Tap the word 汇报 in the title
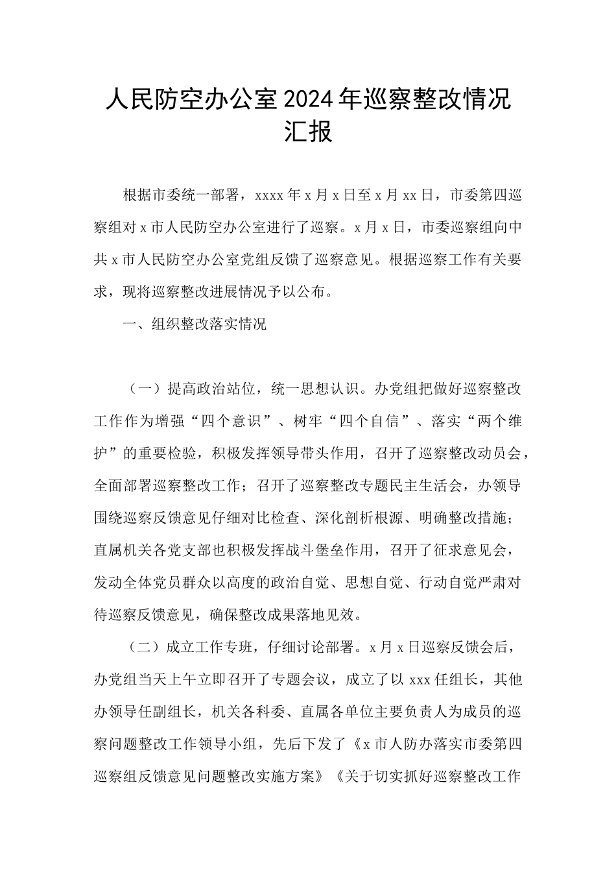(308, 132)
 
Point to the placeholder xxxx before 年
(270, 195)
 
